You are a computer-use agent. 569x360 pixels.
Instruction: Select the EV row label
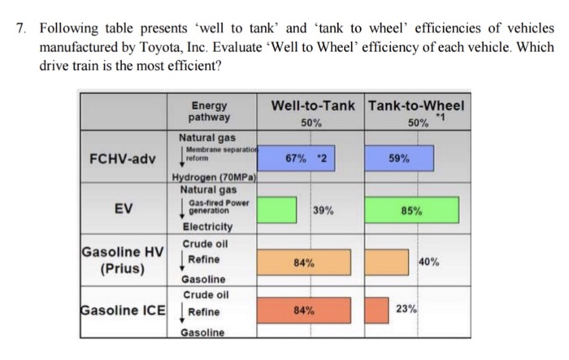click(x=123, y=209)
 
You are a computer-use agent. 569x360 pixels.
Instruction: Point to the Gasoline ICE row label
click(x=123, y=310)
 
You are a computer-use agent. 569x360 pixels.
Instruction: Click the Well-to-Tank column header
click(x=311, y=106)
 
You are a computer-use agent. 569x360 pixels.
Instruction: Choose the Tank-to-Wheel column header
click(x=416, y=106)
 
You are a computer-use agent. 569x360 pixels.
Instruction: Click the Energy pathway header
click(x=210, y=111)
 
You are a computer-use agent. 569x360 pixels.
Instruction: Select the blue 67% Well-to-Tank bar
click(x=310, y=158)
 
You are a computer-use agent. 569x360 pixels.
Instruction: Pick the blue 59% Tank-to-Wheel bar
click(x=404, y=158)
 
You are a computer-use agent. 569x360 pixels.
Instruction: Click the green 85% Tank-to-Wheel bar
click(x=411, y=210)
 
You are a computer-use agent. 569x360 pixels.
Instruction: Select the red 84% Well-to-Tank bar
click(x=306, y=310)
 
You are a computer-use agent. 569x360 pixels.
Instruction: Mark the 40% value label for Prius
click(x=430, y=261)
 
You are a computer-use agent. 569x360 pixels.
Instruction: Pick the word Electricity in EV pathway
click(x=207, y=227)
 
